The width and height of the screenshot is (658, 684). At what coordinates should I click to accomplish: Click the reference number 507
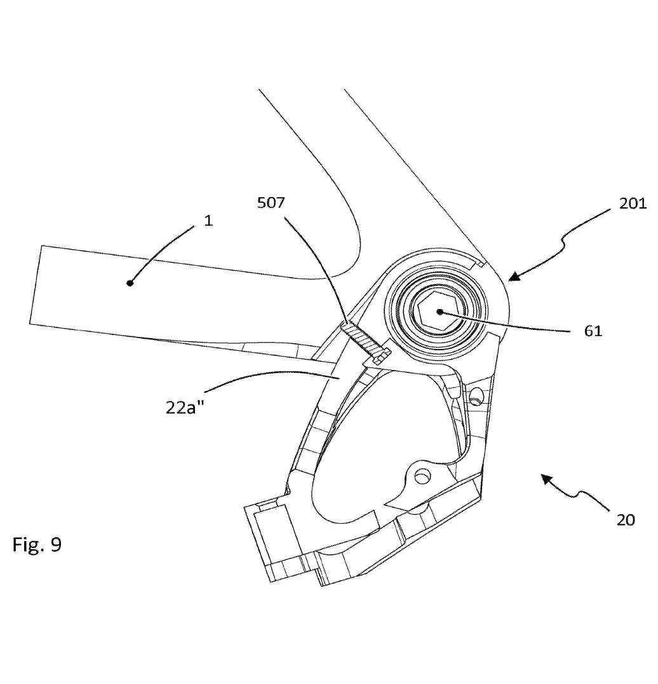271,203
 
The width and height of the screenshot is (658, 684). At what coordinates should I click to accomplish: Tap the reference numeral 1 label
209,221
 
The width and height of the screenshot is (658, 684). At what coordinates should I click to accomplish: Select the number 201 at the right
632,204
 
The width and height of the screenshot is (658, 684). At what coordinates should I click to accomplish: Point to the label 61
593,331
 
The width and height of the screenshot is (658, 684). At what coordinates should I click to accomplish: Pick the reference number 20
625,519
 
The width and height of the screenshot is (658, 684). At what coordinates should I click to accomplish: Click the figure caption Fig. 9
37,545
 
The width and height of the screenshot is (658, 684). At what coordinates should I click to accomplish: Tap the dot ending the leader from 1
130,283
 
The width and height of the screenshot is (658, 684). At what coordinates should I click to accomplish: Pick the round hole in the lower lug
420,475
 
